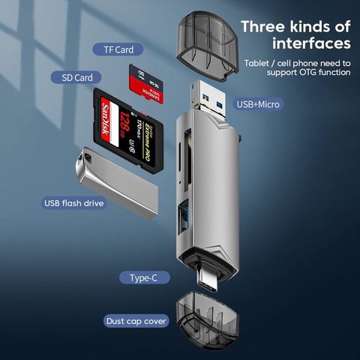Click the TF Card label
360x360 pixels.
click(113, 49)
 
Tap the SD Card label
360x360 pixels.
click(76, 77)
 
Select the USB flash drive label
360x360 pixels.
click(74, 202)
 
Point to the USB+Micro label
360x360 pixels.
click(258, 103)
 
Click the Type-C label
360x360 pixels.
click(145, 277)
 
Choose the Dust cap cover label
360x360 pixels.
click(136, 321)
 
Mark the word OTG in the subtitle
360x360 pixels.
click(299, 72)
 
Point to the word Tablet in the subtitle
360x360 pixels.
click(257, 61)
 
